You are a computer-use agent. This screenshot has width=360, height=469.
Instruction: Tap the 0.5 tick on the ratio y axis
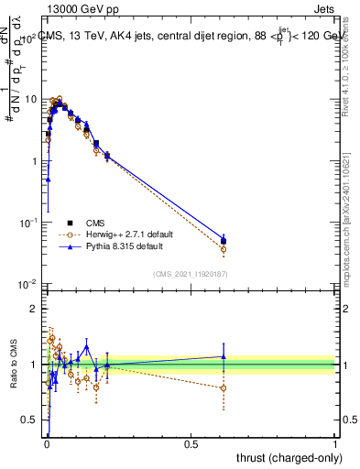[x=29, y=420]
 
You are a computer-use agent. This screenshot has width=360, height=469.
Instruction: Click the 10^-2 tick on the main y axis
[x=27, y=284]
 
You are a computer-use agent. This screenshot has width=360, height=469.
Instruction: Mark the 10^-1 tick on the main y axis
[x=27, y=223]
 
